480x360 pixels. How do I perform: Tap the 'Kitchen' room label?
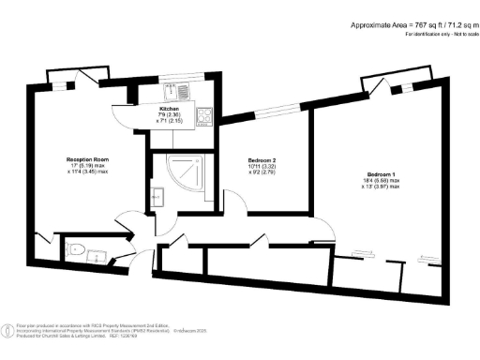point(169,108)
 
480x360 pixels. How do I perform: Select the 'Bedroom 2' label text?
point(247,161)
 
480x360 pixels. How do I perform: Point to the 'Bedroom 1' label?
point(382,175)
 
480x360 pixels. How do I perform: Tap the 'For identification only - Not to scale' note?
point(441,35)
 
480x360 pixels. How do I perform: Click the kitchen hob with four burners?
point(206,116)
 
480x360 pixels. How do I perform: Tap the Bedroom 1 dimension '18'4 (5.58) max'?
point(382,183)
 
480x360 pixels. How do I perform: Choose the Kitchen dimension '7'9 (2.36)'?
point(169,115)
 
